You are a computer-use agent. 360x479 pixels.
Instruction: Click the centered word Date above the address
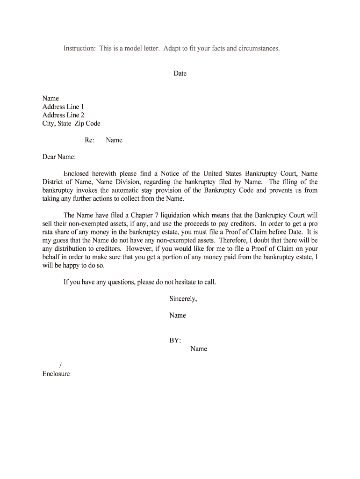pos(180,73)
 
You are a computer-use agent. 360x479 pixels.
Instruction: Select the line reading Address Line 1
pos(63,107)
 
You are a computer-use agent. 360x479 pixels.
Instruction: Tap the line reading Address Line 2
pos(63,115)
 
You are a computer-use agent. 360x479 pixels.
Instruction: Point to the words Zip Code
pos(87,123)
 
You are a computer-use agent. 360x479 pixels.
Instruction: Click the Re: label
pos(89,140)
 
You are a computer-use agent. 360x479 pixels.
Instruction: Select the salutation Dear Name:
pos(59,157)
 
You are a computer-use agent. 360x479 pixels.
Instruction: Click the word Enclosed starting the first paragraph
pos(79,174)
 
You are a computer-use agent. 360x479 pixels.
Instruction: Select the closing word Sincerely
pos(183,299)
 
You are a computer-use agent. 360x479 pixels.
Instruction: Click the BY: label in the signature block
pos(175,341)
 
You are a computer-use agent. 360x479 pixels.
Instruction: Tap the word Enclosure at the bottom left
pos(56,374)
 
